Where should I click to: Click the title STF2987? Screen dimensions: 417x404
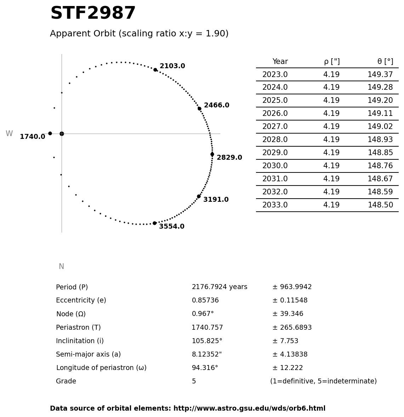tap(93, 14)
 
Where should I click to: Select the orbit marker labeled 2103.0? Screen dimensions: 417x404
tap(155, 70)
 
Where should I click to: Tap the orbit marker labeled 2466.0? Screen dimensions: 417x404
tap(199, 108)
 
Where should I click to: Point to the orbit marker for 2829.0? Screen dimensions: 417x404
tap(212, 154)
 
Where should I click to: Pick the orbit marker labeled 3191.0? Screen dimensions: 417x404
tap(199, 196)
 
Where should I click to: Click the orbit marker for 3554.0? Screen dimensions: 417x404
tap(154, 223)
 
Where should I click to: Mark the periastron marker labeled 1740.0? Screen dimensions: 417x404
tap(50, 133)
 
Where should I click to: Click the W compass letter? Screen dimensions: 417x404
tap(9, 134)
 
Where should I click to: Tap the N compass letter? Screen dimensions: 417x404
tap(61, 267)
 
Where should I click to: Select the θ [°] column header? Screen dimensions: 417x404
tap(385, 62)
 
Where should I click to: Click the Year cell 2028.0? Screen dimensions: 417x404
tap(275, 140)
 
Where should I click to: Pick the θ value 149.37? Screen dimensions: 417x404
tap(380, 75)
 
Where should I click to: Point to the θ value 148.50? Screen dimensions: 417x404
tap(380, 205)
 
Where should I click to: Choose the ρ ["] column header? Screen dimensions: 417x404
tap(331, 62)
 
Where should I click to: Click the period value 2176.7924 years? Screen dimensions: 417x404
tap(220, 287)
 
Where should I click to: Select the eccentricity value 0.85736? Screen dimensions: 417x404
tap(205, 301)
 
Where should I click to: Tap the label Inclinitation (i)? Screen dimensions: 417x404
tap(80, 341)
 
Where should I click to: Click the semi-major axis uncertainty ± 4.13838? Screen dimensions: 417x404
tap(290, 354)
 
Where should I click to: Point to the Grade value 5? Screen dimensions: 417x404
tap(194, 382)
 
